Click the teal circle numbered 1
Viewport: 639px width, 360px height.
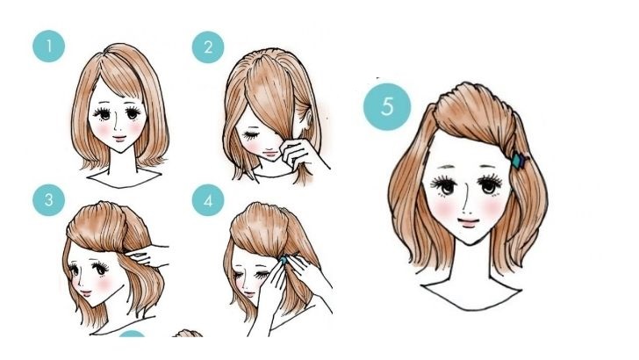[x=48, y=46]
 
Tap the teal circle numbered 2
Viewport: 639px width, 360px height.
[x=208, y=47]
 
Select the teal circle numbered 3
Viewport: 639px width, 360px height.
[x=48, y=200]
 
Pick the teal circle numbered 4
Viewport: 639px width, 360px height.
[x=208, y=200]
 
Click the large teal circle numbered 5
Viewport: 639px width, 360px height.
[x=387, y=107]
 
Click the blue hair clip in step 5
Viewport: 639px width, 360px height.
[x=520, y=160]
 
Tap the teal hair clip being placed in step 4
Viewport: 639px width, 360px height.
[x=283, y=259]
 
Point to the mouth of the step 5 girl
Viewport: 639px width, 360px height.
[x=468, y=223]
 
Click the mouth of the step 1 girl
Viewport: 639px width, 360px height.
[x=119, y=138]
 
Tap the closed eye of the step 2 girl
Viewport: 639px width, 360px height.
[x=250, y=135]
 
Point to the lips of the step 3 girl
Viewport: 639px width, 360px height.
[x=86, y=292]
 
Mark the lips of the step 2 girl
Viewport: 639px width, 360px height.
[x=269, y=155]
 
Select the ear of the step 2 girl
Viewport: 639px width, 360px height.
[x=307, y=119]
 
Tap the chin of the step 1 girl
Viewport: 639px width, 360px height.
[x=120, y=150]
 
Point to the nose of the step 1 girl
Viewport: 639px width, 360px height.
[x=116, y=126]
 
